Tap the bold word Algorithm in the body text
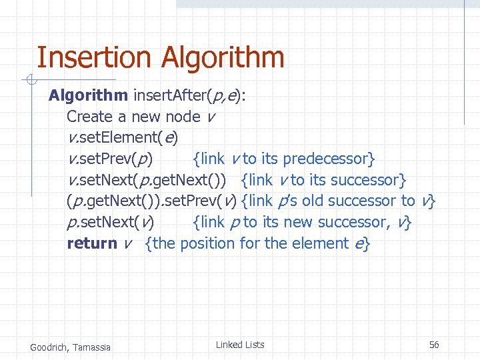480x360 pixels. click(x=88, y=96)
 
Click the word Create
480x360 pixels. click(x=90, y=117)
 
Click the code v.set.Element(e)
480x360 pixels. click(x=122, y=138)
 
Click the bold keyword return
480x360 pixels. click(x=92, y=243)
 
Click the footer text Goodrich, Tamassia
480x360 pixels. click(x=71, y=347)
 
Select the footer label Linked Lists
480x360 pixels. click(x=240, y=345)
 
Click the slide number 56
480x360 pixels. click(x=434, y=345)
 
